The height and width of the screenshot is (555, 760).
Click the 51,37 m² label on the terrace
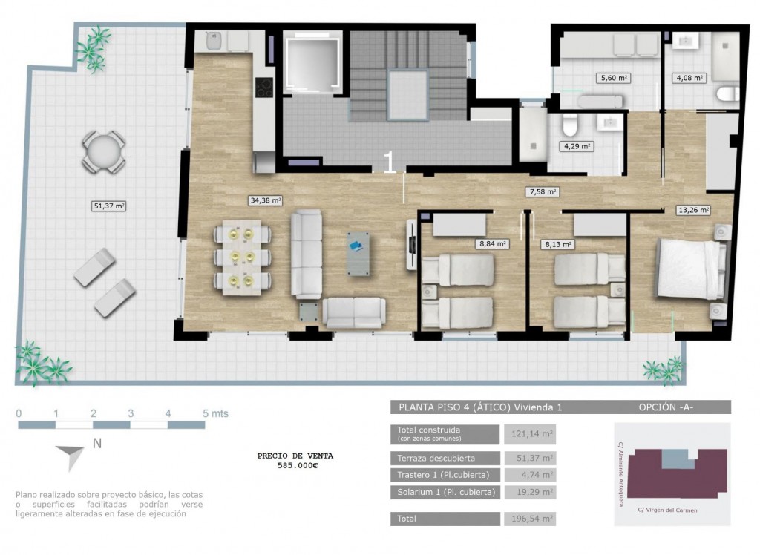[x=109, y=206]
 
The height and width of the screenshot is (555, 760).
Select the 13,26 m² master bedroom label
[x=693, y=209]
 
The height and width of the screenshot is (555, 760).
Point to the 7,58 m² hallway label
[x=542, y=191]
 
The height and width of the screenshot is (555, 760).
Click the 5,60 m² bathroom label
[x=613, y=76]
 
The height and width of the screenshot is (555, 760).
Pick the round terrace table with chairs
[x=104, y=152]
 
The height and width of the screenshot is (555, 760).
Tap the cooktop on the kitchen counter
[x=264, y=88]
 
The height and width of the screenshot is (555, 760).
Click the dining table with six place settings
[x=241, y=257]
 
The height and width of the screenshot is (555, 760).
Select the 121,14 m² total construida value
[x=530, y=433]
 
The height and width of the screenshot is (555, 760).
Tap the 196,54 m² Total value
[x=530, y=519]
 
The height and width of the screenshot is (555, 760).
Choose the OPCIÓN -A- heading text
[x=666, y=407]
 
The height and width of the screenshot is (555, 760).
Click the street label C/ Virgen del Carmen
[x=667, y=510]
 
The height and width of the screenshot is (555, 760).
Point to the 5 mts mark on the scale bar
[x=215, y=413]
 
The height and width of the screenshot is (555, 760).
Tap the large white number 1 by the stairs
[x=388, y=162]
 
